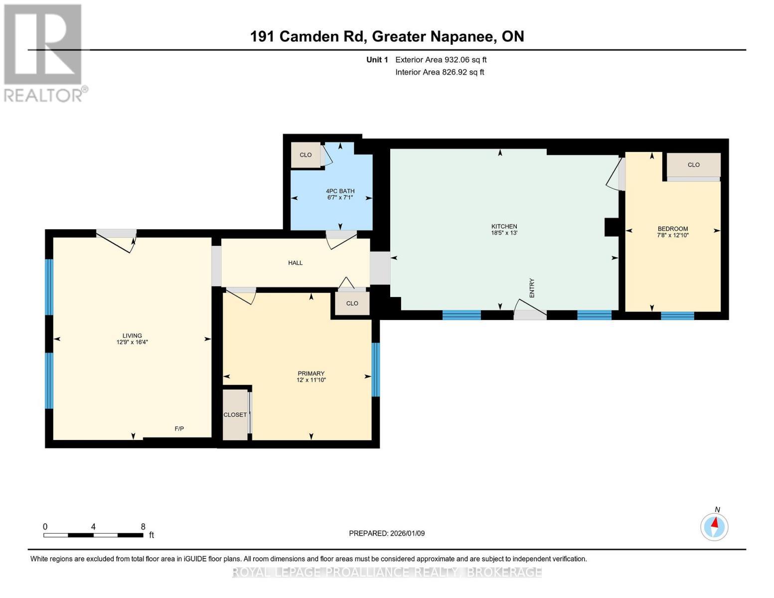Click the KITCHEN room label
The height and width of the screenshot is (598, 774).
[504, 226]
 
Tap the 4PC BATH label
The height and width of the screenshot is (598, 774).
[340, 191]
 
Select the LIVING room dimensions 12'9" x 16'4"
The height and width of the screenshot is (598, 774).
[132, 342]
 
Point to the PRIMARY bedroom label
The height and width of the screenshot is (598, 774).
[311, 373]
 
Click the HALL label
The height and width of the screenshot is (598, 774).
[295, 263]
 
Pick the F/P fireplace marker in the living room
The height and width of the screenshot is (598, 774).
[179, 429]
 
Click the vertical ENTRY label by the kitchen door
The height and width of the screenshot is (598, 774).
[532, 288]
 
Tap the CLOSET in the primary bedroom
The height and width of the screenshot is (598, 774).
[235, 415]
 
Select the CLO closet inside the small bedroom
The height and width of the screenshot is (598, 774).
[693, 165]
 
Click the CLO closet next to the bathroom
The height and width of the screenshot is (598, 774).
[306, 155]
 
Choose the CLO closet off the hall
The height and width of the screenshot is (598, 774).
[352, 303]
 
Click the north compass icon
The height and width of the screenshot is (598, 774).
[714, 526]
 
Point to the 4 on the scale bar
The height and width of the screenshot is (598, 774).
[93, 527]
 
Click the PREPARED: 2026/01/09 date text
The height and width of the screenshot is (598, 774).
[387, 533]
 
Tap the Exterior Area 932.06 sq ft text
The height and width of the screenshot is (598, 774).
[441, 60]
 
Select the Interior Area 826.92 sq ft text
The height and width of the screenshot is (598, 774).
[440, 72]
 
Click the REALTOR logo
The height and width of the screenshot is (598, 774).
[44, 52]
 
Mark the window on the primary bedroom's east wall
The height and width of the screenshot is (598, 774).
[376, 369]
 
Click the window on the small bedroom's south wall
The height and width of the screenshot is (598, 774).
[677, 315]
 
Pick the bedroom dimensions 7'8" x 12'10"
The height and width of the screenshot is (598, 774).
[672, 235]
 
